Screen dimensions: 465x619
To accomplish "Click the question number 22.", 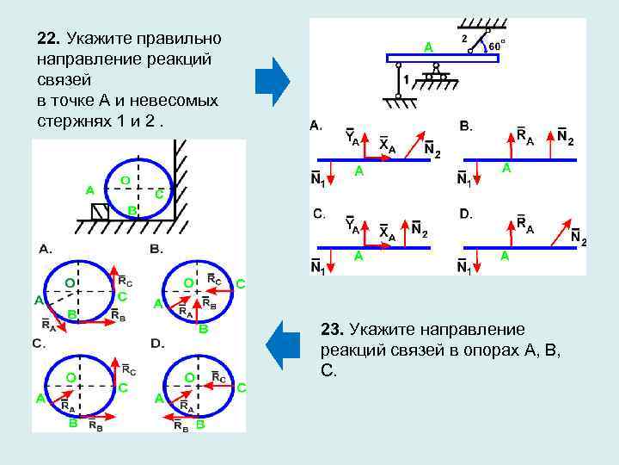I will (x=48, y=39).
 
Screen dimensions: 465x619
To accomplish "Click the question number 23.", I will (x=332, y=329).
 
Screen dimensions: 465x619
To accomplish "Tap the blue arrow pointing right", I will (x=273, y=81).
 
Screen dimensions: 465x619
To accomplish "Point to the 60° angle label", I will (x=497, y=45).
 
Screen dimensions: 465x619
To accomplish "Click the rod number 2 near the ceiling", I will (x=463, y=39).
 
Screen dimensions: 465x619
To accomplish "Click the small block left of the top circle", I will (x=100, y=211).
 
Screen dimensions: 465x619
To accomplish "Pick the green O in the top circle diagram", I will (x=125, y=180).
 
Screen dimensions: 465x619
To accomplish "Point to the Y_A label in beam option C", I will (x=352, y=225).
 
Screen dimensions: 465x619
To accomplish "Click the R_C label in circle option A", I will (x=124, y=279).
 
